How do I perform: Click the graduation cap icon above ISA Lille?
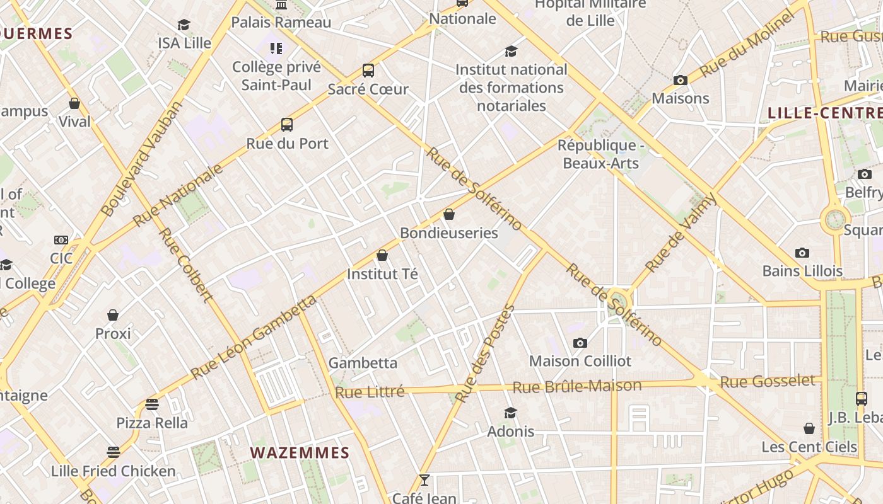184,25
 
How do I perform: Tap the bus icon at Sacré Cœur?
368,71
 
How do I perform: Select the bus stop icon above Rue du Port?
287,125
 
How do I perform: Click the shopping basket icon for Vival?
74,103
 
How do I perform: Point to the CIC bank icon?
61,240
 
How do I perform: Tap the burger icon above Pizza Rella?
152,404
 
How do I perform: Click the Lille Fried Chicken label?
114,471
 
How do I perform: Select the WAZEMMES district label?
300,453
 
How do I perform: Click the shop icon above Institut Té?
382,255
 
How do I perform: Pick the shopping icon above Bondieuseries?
449,214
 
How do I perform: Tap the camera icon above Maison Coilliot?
580,343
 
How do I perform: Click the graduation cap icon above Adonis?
510,413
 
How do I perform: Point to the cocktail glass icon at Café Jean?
424,480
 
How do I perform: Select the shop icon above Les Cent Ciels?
809,429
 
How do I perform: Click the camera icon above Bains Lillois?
802,253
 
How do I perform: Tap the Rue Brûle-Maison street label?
576,386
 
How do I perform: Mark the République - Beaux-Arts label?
600,154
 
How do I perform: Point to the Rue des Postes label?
485,353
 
